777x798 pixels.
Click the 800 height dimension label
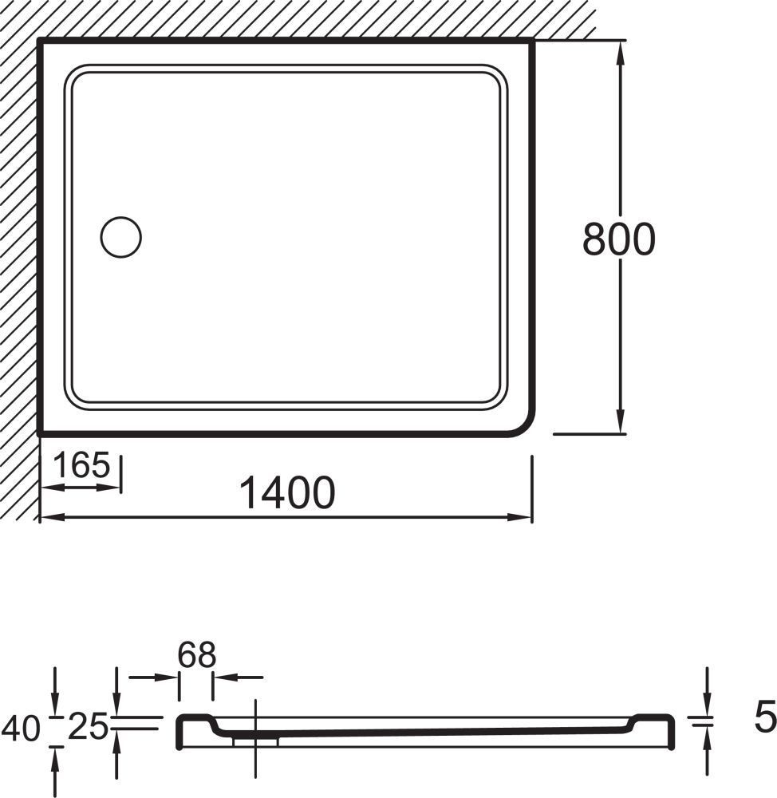pyautogui.click(x=619, y=239)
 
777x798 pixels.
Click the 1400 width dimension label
pyautogui.click(x=287, y=492)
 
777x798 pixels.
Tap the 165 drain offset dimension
pyautogui.click(x=81, y=464)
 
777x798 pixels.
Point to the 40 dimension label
pyautogui.click(x=21, y=728)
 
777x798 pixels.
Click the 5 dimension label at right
pyautogui.click(x=765, y=717)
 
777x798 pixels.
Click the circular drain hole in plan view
pyautogui.click(x=121, y=237)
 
